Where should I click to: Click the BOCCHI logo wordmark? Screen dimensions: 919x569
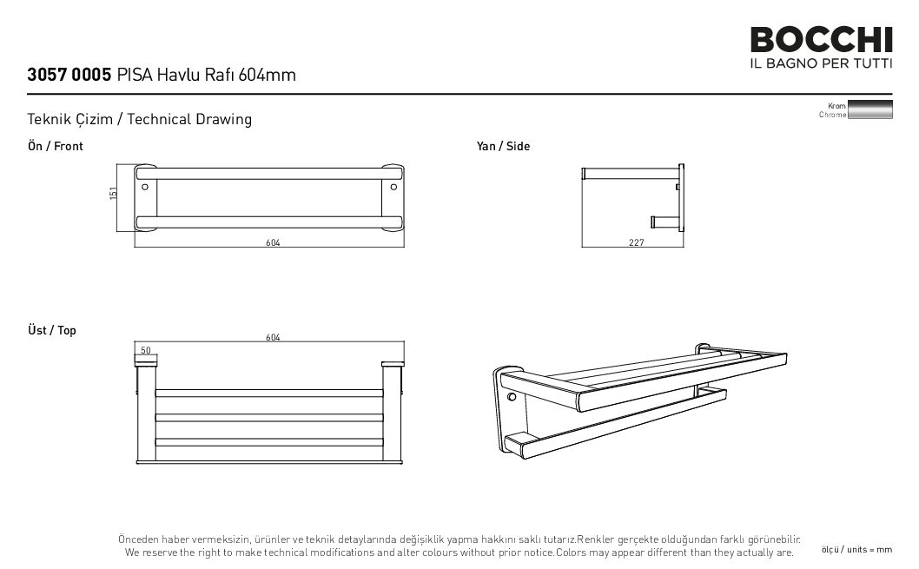821,39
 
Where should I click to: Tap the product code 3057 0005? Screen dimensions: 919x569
69,75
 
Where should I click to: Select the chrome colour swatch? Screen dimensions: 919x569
870,109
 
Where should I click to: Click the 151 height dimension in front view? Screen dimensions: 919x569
113,193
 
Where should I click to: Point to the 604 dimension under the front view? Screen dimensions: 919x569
273,242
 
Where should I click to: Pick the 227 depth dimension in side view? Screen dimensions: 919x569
637,242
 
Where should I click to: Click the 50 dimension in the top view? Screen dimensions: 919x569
146,350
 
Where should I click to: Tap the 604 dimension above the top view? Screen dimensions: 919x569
273,337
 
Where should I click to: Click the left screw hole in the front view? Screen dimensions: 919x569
145,187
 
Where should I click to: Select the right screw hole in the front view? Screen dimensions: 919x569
393,187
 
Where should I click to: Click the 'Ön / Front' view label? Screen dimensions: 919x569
55,146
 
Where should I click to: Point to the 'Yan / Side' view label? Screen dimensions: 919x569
503,146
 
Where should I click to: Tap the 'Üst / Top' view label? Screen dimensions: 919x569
51,330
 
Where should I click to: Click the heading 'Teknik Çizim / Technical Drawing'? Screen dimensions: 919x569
140,119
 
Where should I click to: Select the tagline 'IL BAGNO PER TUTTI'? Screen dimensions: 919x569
821,63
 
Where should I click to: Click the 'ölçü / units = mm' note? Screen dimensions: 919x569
856,550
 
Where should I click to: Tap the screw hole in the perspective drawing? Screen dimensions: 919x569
512,397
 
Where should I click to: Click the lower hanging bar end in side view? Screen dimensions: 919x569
653,222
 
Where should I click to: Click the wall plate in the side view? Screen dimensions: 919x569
681,197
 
